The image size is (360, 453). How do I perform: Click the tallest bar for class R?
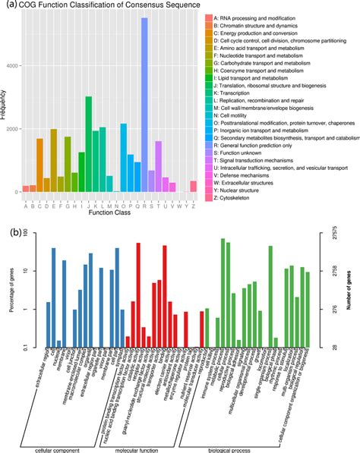click(144, 106)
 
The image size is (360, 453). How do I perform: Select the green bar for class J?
click(88, 144)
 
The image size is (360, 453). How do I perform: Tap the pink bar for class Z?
click(193, 186)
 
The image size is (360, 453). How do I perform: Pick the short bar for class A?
click(25, 189)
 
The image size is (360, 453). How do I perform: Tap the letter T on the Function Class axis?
click(158, 203)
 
